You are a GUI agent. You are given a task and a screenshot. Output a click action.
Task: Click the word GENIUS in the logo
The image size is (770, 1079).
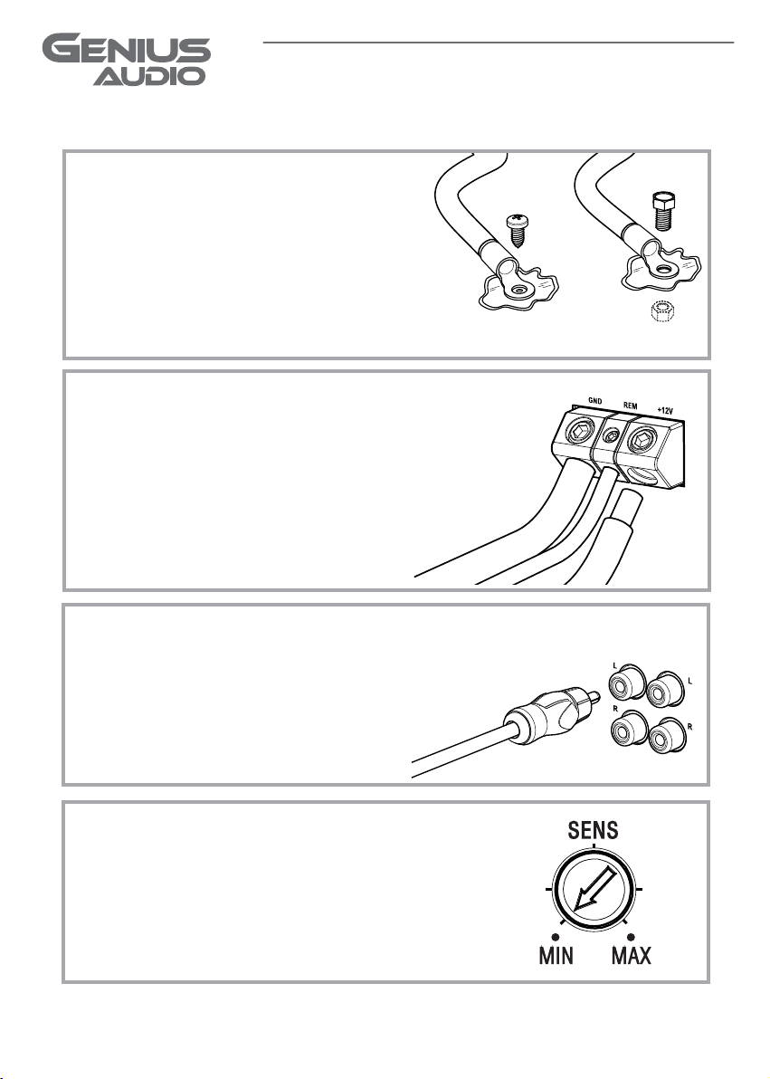(127, 51)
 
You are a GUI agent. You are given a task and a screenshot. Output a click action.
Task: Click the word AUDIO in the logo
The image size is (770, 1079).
(149, 76)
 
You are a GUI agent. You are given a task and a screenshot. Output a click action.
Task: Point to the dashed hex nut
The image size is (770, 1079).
(662, 311)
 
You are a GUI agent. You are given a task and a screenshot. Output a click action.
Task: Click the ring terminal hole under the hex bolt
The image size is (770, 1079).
(663, 269)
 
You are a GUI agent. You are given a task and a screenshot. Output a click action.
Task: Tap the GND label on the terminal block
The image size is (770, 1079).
(595, 400)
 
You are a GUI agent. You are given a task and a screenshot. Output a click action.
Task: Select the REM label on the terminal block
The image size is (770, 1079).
(631, 406)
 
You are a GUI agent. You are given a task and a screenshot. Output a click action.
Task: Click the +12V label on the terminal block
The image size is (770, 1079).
(665, 411)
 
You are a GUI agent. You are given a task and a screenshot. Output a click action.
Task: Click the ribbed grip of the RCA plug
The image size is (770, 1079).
(556, 713)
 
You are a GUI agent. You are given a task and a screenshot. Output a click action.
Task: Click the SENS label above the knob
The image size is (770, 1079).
(594, 831)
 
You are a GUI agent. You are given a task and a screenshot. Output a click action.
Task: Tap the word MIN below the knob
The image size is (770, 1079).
(556, 955)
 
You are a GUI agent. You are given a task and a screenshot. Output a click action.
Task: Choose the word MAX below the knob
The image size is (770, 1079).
(631, 955)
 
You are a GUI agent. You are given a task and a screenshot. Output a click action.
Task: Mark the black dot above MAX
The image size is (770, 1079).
(631, 937)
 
